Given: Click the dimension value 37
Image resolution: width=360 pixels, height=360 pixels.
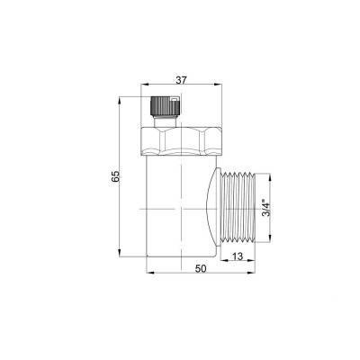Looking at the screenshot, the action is pyautogui.click(x=181, y=80).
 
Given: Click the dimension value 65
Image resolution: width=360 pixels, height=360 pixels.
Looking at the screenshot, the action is pyautogui.click(x=115, y=176).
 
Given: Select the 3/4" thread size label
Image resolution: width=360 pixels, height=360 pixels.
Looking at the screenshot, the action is pyautogui.click(x=266, y=208).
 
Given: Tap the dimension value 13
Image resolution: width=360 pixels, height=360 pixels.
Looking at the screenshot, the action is pyautogui.click(x=238, y=256).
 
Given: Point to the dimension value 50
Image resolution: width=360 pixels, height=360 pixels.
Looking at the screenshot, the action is pyautogui.click(x=201, y=269).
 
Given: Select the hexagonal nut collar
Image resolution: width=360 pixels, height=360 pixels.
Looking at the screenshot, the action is pyautogui.click(x=182, y=141).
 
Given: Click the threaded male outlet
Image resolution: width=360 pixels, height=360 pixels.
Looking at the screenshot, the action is pyautogui.click(x=238, y=207).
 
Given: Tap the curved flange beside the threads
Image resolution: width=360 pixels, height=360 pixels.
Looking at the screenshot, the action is pyautogui.click(x=213, y=207).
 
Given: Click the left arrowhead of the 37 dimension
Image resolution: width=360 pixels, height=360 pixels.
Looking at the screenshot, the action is pyautogui.click(x=145, y=85).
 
